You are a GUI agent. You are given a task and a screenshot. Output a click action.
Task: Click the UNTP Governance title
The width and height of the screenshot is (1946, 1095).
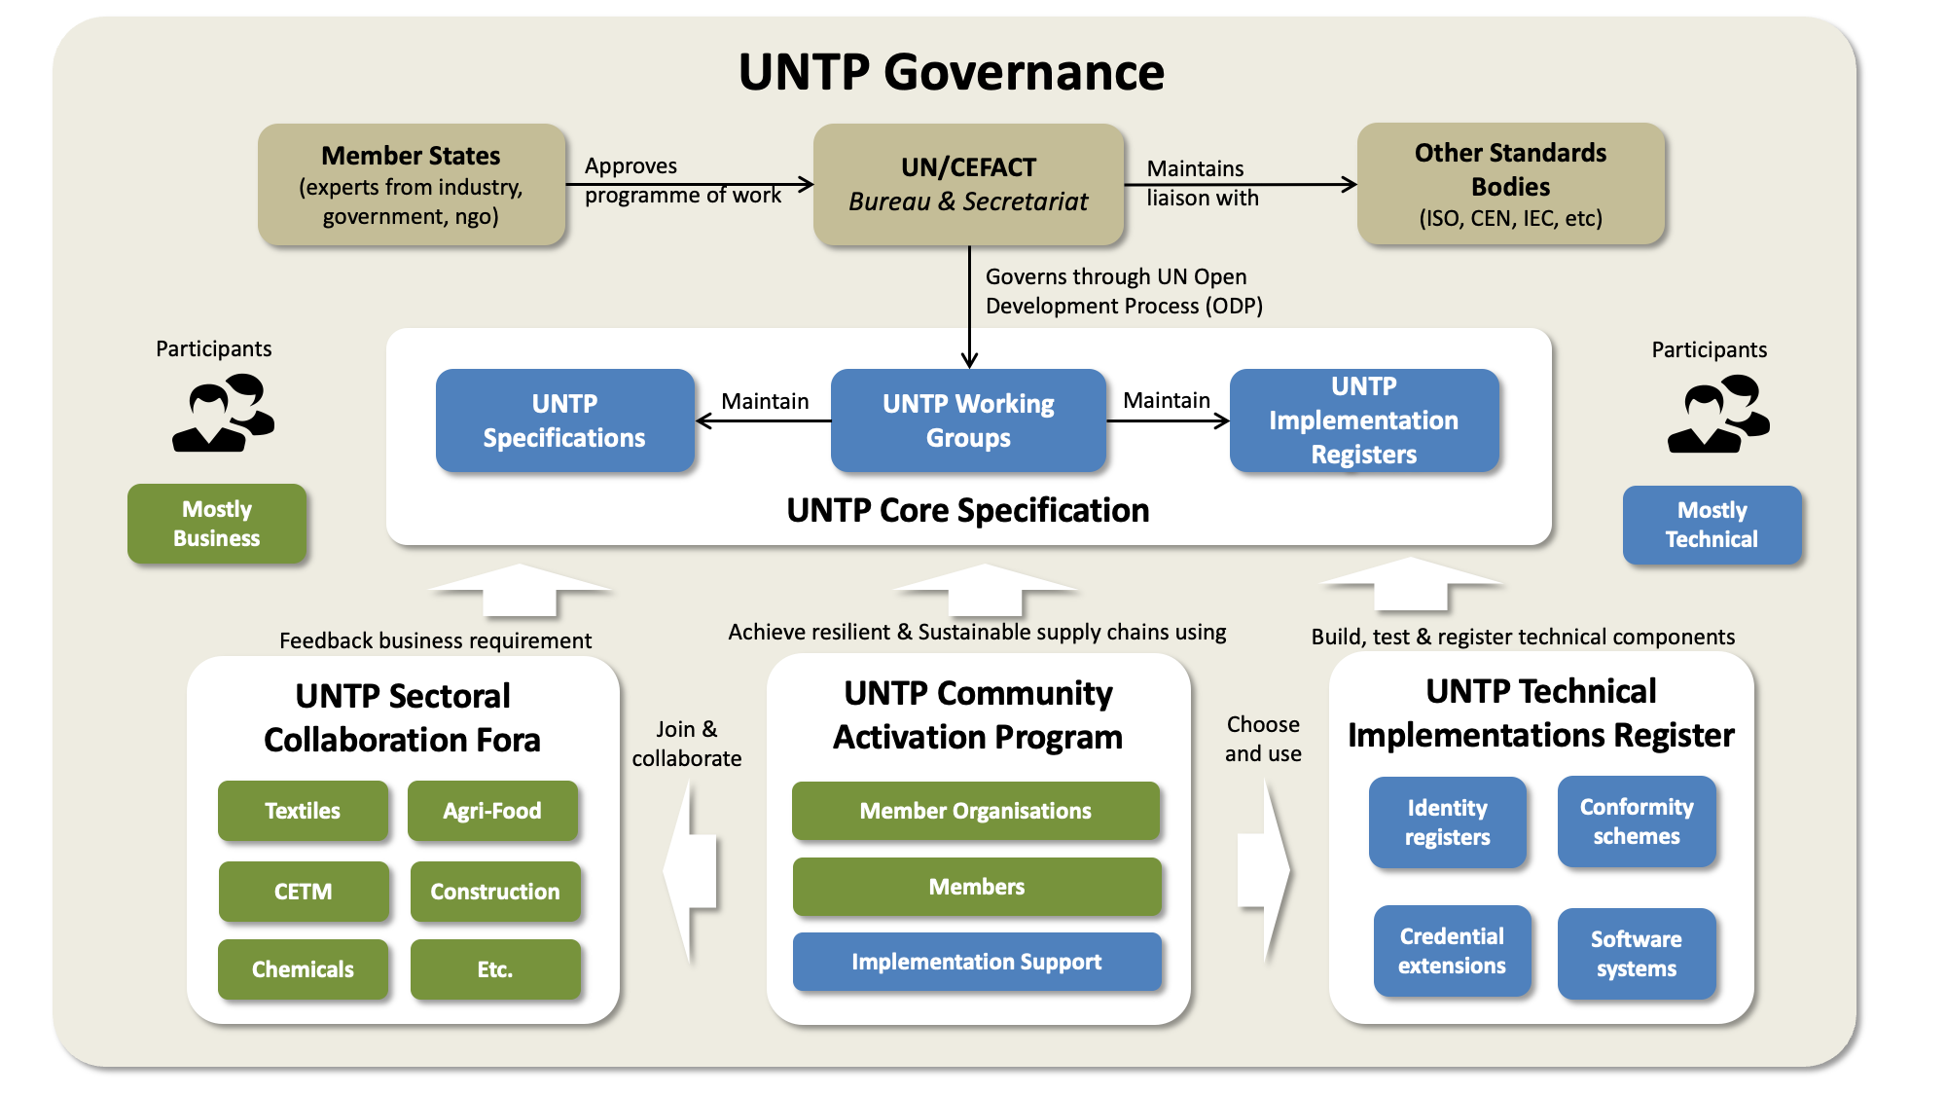coord(951,72)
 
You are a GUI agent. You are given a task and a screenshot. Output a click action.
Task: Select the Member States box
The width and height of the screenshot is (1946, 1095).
coord(412,184)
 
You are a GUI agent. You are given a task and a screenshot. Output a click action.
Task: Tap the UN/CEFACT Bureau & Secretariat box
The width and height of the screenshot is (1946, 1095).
coord(968,184)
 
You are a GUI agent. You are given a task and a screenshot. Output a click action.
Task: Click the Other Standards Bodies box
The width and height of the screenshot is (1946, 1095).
coord(1510,184)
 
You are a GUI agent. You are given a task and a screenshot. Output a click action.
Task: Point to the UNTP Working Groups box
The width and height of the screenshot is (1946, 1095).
coord(968,420)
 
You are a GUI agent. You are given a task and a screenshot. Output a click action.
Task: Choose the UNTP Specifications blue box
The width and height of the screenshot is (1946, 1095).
coord(564,420)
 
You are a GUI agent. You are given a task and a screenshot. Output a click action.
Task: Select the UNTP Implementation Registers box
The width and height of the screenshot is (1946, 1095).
coord(1363,420)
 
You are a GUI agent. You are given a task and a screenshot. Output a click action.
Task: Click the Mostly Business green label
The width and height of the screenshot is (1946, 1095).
coord(217,524)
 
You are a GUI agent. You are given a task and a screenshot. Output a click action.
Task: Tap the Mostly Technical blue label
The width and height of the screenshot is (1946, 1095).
coord(1712,525)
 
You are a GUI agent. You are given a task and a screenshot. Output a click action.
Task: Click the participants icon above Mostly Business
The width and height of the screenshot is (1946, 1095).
coord(223,414)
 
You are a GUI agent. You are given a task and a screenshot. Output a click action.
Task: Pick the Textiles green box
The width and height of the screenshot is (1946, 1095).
coord(303,811)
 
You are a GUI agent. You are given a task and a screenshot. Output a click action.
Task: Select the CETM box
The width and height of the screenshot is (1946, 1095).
coord(304,892)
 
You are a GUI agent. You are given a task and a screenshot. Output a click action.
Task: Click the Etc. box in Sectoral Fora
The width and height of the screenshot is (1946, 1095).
coord(494,969)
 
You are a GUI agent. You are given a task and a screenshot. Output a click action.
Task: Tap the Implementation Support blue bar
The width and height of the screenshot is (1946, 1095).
coord(976,962)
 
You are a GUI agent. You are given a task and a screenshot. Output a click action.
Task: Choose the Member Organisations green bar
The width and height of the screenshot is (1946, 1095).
coord(975,811)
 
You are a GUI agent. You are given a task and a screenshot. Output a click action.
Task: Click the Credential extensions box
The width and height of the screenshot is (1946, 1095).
coord(1452,951)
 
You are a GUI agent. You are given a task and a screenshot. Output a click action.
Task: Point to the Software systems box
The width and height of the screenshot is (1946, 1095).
coord(1636,954)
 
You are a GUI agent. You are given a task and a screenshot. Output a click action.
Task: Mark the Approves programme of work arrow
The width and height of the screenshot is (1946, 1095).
coord(691,184)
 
